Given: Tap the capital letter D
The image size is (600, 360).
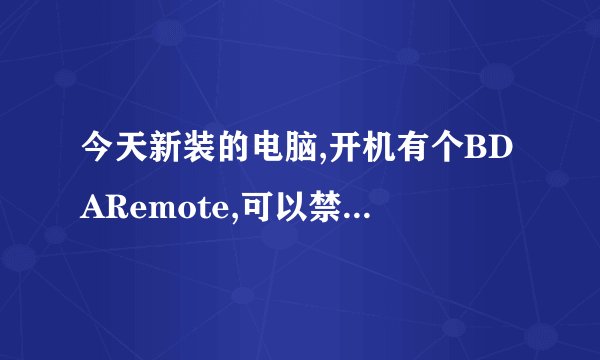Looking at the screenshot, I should tap(505, 156).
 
